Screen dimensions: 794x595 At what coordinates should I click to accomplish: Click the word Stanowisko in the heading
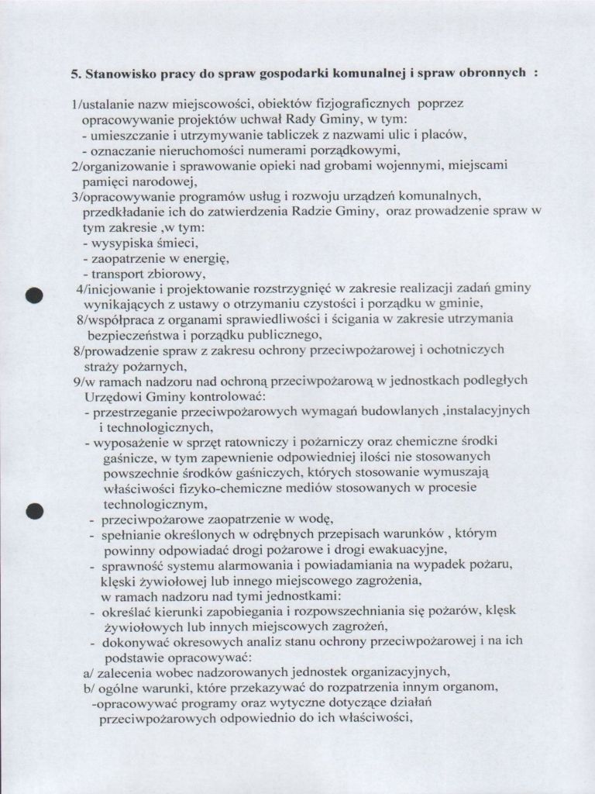[119, 75]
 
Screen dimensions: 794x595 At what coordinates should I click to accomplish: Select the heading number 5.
[75, 75]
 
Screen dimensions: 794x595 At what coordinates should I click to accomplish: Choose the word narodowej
[164, 181]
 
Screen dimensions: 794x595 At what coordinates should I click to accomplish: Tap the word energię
[205, 258]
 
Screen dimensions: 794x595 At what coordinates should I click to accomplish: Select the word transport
[119, 274]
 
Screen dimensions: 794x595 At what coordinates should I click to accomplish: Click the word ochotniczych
[466, 350]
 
